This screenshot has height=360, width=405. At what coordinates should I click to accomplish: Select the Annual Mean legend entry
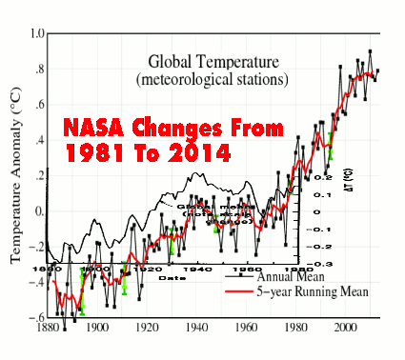[x=299, y=276]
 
